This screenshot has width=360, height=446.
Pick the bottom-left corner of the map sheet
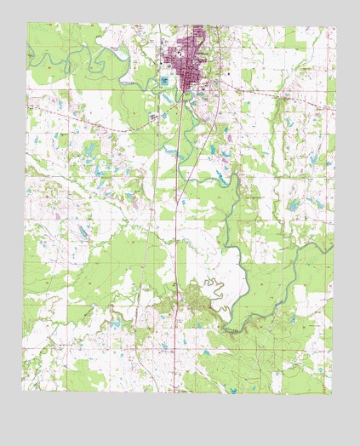click(x=23, y=390)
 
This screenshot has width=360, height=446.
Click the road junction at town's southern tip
click(x=186, y=95)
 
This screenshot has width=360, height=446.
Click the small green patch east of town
click(x=247, y=76)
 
